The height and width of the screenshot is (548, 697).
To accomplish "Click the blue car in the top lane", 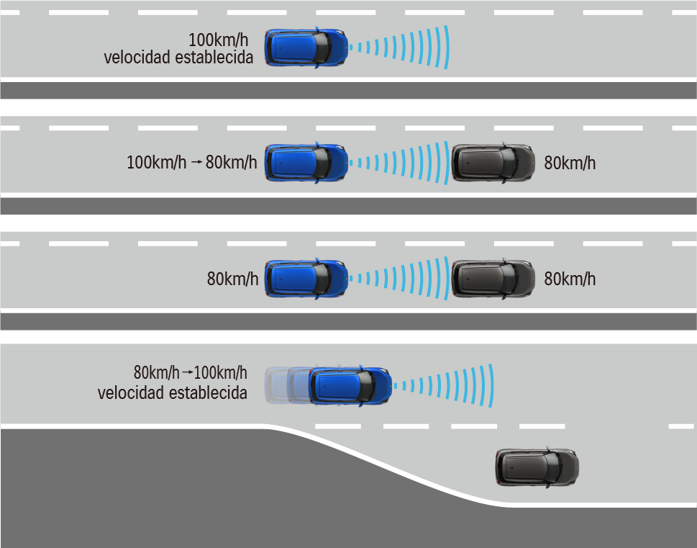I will pos(306,48).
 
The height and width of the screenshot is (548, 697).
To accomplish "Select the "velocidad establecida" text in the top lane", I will pos(178,58).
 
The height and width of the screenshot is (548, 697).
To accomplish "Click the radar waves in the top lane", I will pos(403,48).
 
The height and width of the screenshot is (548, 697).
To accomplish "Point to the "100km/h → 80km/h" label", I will pos(191,163).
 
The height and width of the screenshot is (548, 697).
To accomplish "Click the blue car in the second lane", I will pos(306,162).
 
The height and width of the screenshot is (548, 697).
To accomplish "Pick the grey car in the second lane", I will pos(493,163).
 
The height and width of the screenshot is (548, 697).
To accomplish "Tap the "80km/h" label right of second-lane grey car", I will pos(570,163).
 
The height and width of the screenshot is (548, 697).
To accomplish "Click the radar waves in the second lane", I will pos(403,162).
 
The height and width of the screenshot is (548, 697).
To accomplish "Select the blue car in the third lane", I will pos(306,279).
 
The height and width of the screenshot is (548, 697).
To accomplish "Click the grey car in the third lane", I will pos(493,279).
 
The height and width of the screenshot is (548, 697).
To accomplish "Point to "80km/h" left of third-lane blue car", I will pos(232,279).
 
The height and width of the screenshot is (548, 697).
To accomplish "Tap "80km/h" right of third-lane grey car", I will pos(570,279).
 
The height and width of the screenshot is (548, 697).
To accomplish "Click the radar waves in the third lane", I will pos(403,279).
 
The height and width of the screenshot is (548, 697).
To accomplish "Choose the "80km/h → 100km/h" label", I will pos(190,373).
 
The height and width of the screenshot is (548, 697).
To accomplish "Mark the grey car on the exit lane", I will pos(537,467).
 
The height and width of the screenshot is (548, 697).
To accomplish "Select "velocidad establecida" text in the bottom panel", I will pos(173,393).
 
